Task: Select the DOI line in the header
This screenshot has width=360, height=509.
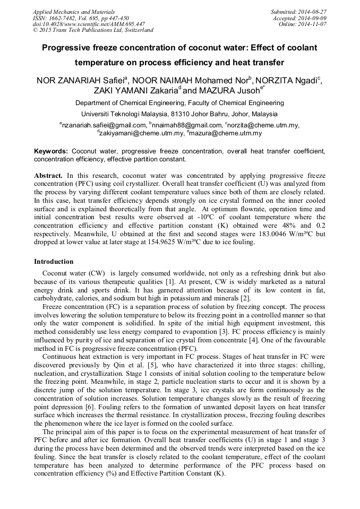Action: point(89,24)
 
